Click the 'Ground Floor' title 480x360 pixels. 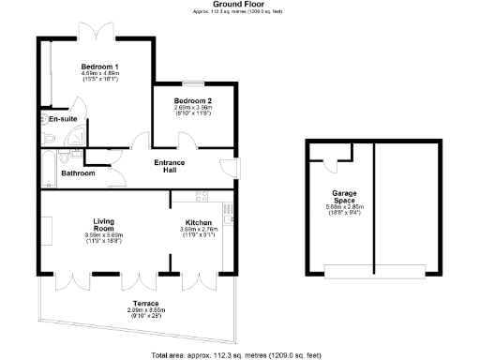coord(240,4)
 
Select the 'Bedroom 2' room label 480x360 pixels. coord(193,100)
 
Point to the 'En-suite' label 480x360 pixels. coord(63,120)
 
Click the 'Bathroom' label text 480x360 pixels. coord(78,173)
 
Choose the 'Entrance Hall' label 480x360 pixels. coord(170,167)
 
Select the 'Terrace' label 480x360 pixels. coord(144,304)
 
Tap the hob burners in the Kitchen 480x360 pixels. coord(199,196)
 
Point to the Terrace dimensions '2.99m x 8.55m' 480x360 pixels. coord(144,310)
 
